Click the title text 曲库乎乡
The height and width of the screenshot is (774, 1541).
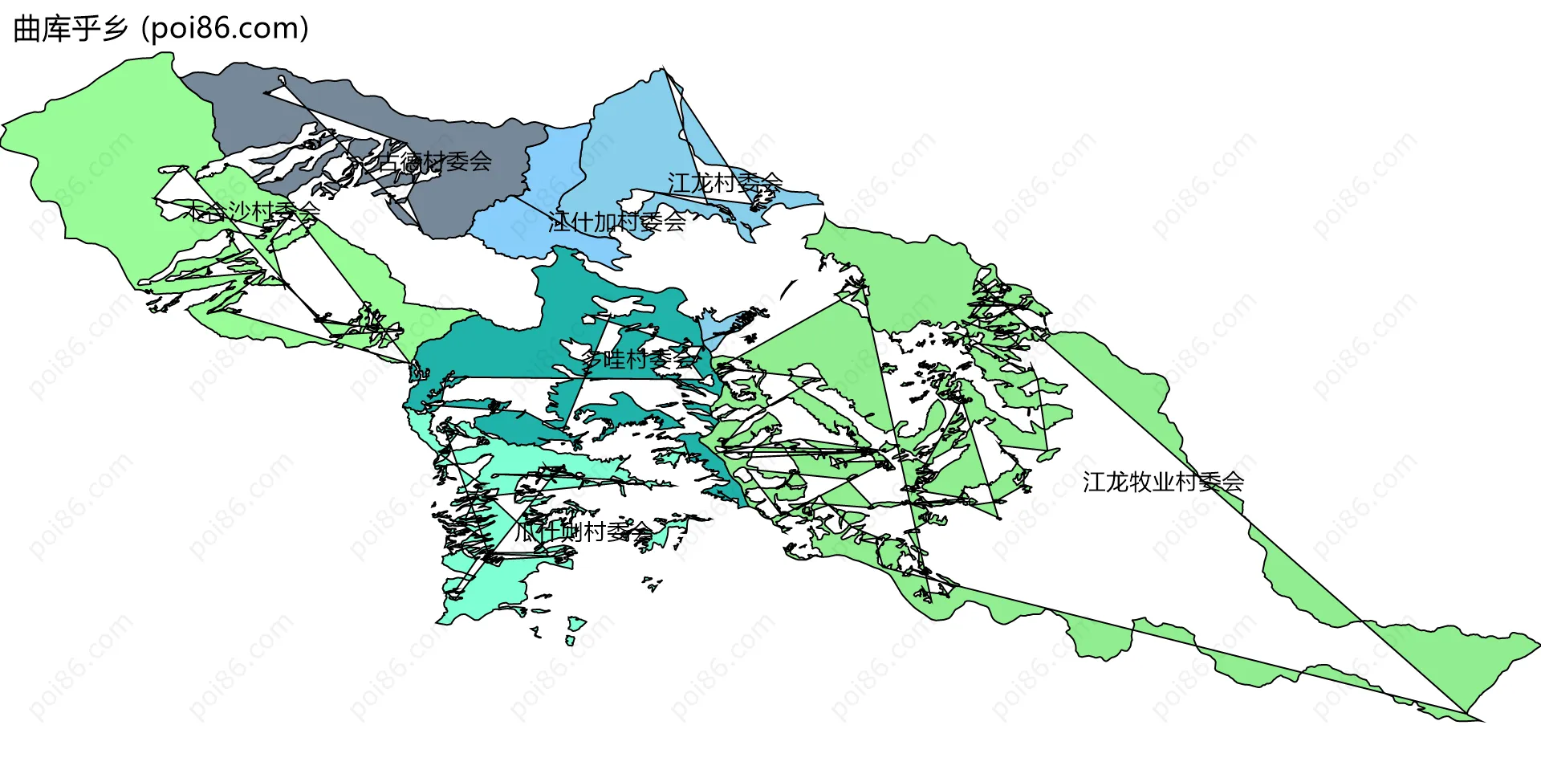click(71, 29)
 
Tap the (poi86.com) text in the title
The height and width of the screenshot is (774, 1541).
click(225, 29)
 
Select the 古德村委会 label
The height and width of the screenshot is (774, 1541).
click(434, 161)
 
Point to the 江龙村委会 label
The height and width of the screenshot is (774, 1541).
click(725, 183)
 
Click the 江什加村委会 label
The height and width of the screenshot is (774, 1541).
click(617, 222)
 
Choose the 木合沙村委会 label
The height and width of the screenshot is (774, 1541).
click(252, 212)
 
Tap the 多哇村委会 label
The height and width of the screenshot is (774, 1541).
click(639, 359)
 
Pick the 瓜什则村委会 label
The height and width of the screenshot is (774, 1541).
click(583, 532)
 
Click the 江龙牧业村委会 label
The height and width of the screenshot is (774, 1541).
click(1163, 482)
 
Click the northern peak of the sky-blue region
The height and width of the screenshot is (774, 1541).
click(663, 70)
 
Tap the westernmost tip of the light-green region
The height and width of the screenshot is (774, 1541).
click(3, 127)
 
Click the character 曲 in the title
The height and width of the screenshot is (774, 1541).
click(27, 29)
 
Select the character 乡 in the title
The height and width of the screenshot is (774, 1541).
click(115, 29)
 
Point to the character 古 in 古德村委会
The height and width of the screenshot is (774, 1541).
click(389, 161)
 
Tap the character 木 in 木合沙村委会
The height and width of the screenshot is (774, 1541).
click(195, 212)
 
